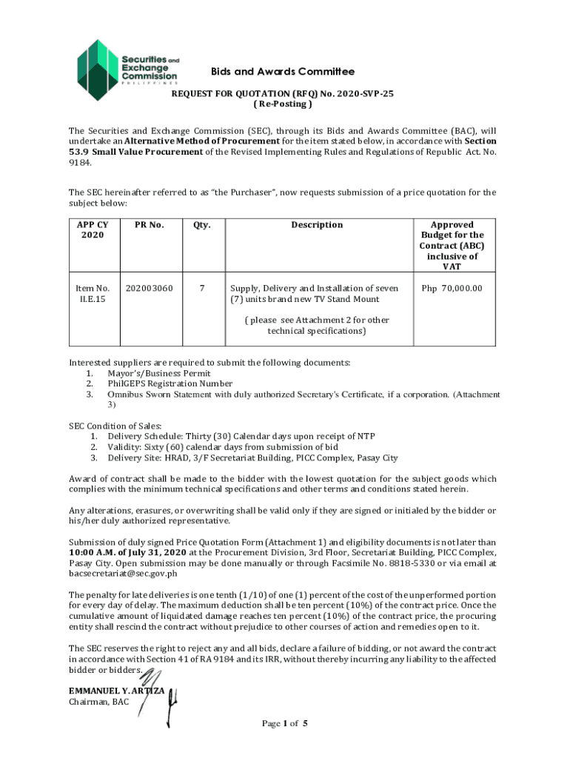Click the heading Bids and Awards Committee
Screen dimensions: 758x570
[283, 72]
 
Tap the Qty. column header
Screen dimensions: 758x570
[201, 225]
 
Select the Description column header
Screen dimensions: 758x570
[316, 225]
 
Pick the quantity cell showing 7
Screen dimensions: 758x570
[201, 288]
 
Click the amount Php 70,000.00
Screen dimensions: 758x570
[452, 288]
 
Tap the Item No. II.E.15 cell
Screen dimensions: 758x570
[93, 293]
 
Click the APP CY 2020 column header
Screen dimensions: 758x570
[93, 229]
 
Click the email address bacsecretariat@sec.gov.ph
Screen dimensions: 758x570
[123, 573]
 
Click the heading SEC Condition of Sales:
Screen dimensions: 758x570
[113, 426]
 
